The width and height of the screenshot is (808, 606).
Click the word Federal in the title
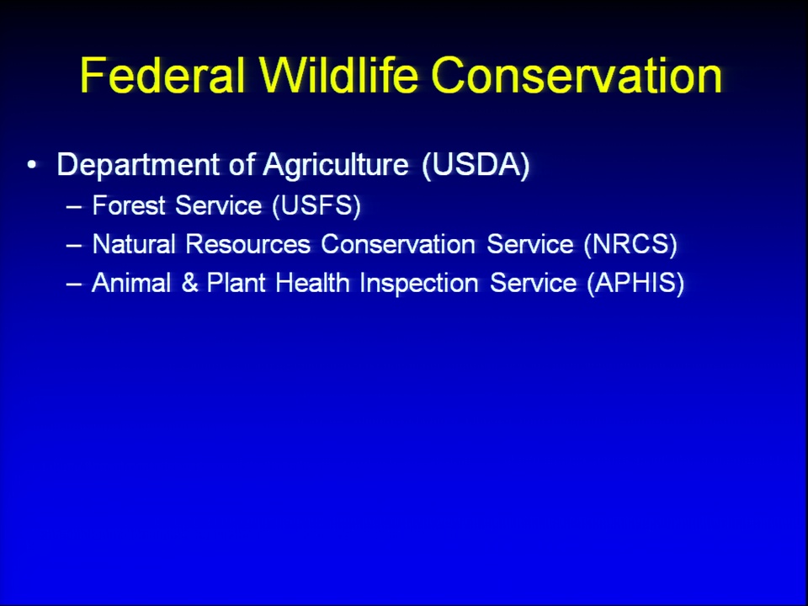point(162,75)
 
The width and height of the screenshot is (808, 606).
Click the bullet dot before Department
point(32,165)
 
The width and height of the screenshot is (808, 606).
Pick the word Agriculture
point(336,165)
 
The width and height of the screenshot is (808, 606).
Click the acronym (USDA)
point(476,165)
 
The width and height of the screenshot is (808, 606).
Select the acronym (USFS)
point(317,205)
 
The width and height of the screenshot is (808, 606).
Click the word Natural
point(134,244)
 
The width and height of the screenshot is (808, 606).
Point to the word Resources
point(247,244)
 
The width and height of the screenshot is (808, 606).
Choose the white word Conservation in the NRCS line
point(398,244)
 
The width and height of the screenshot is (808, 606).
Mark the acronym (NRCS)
point(630,244)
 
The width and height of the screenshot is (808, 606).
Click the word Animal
point(131,283)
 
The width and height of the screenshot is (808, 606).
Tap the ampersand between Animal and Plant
point(189,283)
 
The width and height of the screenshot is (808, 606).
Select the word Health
point(312,283)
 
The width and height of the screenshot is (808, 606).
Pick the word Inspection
point(419,284)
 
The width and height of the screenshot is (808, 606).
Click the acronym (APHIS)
point(636,283)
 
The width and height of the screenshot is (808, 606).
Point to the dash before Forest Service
point(74,207)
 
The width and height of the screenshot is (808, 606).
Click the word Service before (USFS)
point(219,205)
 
